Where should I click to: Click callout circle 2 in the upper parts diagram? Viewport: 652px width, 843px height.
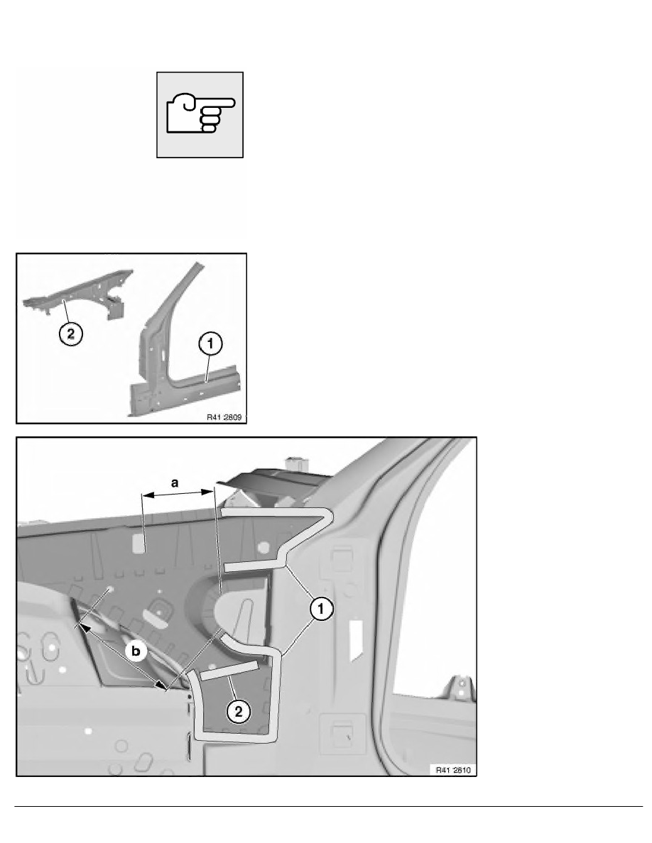(x=71, y=334)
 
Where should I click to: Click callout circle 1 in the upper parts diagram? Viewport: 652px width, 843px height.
(x=210, y=343)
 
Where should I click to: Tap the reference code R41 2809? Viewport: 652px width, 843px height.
(x=224, y=417)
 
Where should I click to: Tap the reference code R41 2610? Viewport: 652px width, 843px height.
(x=453, y=770)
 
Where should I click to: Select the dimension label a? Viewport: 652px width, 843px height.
(x=175, y=483)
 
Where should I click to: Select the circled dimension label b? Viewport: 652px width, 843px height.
(x=136, y=651)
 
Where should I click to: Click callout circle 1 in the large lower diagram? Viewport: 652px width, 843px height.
(x=320, y=609)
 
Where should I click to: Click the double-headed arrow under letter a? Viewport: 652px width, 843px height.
(x=178, y=492)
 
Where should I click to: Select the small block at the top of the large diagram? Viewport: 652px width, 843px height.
(x=294, y=465)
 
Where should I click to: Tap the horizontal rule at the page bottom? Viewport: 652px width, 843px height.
(x=328, y=806)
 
